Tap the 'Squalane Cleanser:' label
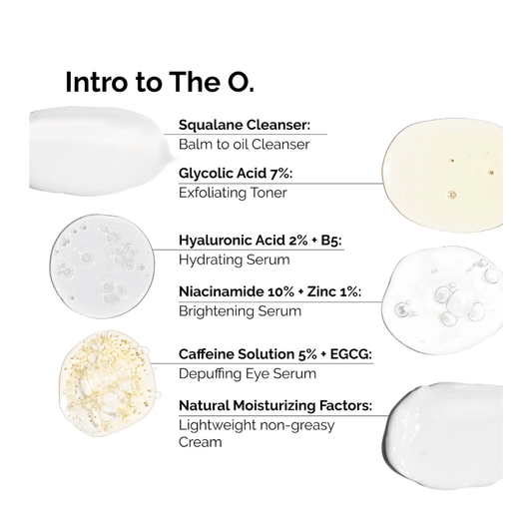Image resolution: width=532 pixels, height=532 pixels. [245, 126]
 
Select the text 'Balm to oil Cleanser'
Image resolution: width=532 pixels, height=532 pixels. [244, 145]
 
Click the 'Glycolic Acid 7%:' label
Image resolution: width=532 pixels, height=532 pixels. [236, 173]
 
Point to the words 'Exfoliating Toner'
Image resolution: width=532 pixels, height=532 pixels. [232, 192]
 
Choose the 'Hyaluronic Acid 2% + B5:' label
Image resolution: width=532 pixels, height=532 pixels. [261, 241]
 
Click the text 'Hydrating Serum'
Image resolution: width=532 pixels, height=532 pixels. [234, 260]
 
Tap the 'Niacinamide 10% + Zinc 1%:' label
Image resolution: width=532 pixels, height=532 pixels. [268, 291]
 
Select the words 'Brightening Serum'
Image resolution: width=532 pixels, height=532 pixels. [240, 310]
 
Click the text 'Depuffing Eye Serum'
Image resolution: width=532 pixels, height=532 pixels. [247, 373]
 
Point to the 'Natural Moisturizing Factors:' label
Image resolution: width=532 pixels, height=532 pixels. [274, 405]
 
